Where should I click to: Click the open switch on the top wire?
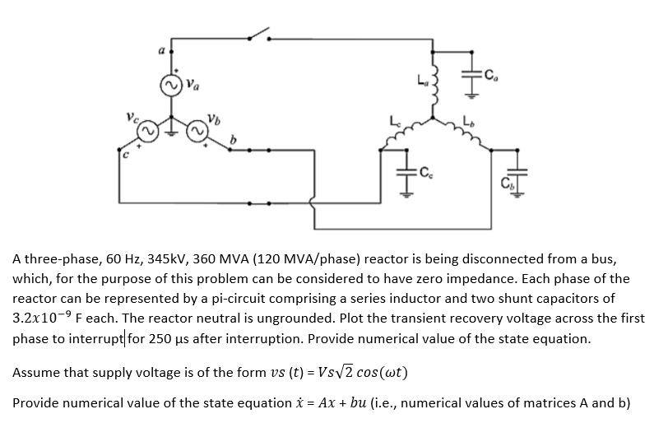click(258, 35)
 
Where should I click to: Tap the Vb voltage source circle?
click(199, 132)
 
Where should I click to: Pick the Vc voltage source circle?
click(146, 132)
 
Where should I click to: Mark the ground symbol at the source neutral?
click(172, 129)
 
